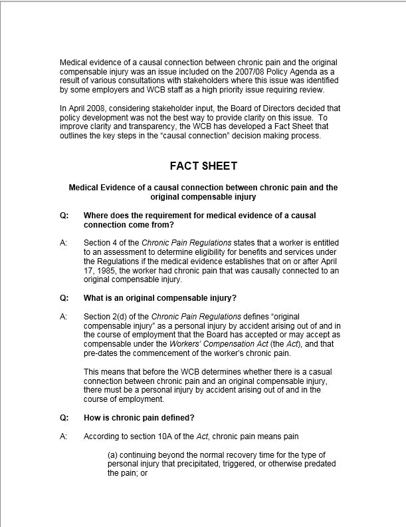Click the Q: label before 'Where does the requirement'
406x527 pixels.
coord(64,216)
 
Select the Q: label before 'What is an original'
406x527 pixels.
coord(64,297)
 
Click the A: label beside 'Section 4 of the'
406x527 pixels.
coord(64,244)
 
